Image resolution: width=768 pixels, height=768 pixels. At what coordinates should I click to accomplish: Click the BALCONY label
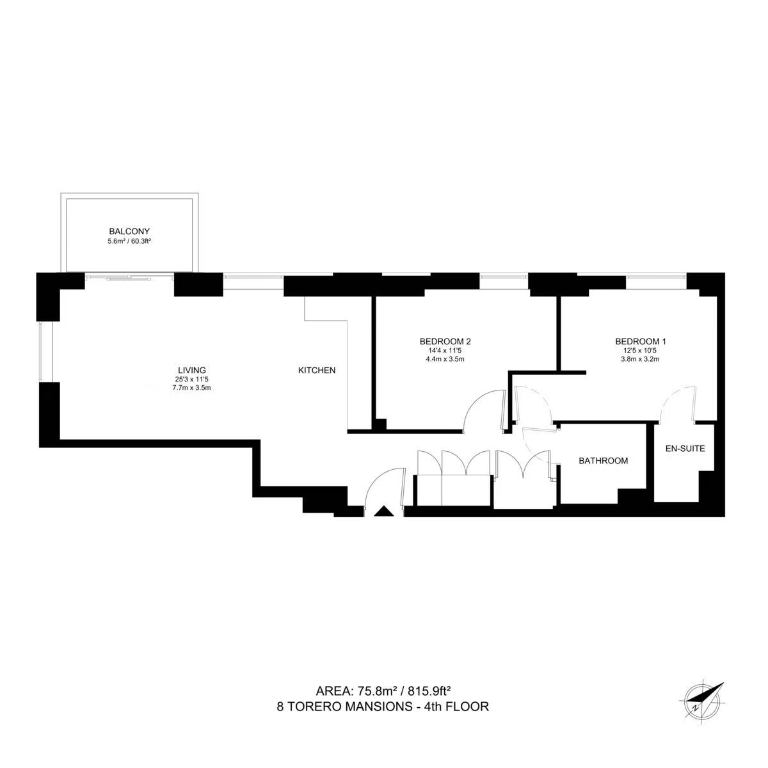[x=129, y=231]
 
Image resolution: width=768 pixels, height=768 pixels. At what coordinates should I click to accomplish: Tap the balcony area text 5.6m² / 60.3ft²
[x=129, y=241]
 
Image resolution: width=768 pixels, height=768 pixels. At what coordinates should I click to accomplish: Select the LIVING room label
[x=192, y=371]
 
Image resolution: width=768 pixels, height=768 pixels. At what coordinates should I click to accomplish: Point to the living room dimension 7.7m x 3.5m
[x=192, y=387]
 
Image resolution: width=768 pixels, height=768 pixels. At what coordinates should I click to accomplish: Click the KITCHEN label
[x=317, y=371]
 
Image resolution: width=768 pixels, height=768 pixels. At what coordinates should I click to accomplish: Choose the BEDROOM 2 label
[x=445, y=342]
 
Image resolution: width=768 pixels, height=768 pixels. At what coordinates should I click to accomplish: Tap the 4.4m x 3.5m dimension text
[x=445, y=358]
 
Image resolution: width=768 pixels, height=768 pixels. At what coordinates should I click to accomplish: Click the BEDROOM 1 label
[x=641, y=342]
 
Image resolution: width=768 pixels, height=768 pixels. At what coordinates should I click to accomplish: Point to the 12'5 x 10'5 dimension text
[x=641, y=351]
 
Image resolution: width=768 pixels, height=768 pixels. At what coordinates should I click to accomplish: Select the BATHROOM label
[x=604, y=461]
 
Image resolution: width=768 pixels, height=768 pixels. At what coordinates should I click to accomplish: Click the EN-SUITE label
[x=685, y=449]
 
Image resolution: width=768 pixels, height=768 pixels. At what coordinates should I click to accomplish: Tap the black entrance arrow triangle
[x=384, y=511]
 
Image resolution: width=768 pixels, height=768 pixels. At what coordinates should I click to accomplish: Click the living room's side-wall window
[x=45, y=351]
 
